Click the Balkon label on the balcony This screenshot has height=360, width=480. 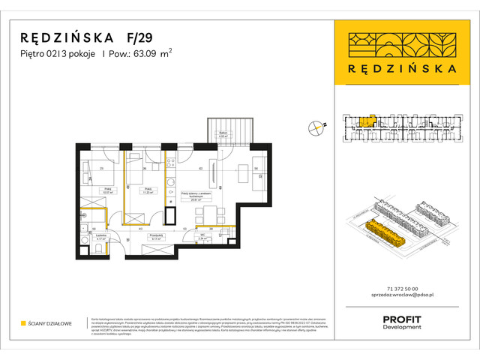[223, 136]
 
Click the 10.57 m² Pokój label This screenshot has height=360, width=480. [107, 191]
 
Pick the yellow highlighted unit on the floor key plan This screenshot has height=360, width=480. [365, 121]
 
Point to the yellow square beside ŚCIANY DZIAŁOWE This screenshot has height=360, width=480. [23, 323]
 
